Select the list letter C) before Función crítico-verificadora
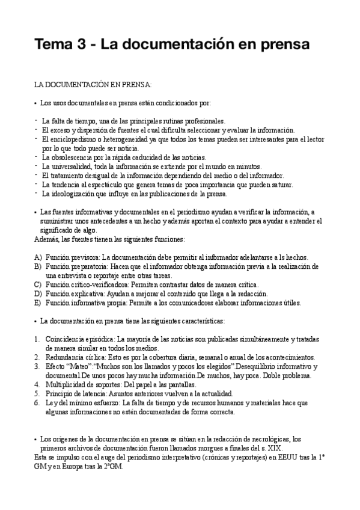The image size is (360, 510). pos(37,284)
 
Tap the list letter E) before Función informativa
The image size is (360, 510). pos(37,303)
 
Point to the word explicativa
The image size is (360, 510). pos(88,293)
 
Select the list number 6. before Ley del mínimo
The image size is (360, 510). pos(37,402)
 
